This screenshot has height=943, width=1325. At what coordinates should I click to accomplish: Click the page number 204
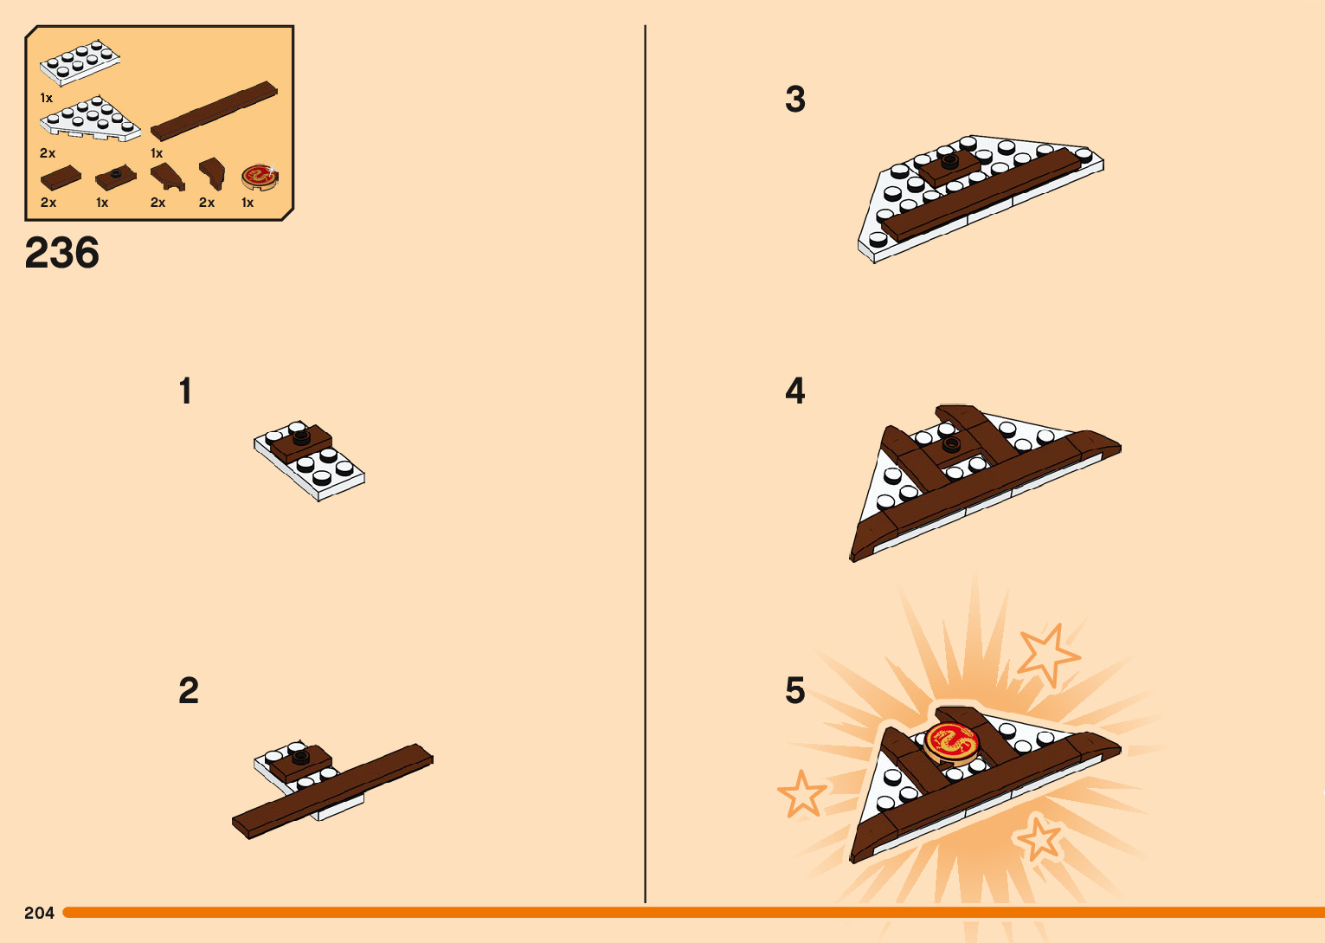[x=39, y=912]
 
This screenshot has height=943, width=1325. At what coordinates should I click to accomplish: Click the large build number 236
[x=62, y=253]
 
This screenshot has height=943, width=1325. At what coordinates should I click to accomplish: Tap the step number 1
[x=186, y=391]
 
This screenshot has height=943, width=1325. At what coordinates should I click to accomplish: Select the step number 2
[x=189, y=690]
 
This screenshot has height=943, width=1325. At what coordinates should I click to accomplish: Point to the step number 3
[x=795, y=99]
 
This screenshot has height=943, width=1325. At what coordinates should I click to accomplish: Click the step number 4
[x=795, y=391]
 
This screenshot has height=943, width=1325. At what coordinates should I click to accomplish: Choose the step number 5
[x=795, y=690]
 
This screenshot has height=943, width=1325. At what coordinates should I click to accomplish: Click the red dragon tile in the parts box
[x=260, y=177]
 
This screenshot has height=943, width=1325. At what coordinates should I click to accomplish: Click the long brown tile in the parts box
[x=214, y=111]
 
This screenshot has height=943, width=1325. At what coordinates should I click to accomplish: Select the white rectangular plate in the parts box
[x=80, y=62]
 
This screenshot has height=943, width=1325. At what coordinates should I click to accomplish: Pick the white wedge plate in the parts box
[x=90, y=119]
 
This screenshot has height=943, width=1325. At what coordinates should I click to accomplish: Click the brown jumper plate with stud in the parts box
[x=116, y=177]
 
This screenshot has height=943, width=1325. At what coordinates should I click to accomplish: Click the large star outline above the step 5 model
[x=1047, y=654]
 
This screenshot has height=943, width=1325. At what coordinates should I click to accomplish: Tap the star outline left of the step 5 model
[x=801, y=793]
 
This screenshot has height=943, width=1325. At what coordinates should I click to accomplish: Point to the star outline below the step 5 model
[x=1036, y=839]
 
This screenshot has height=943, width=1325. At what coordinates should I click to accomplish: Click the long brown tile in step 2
[x=332, y=791]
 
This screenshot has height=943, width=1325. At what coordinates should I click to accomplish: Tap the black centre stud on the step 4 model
[x=950, y=444]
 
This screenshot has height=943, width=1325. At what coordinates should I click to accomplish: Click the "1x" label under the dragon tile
[x=248, y=203]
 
